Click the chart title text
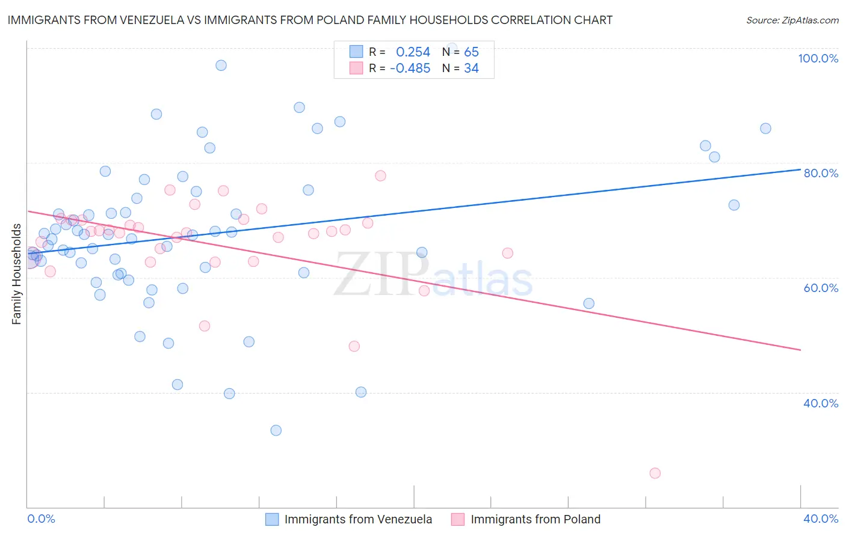pos(310,20)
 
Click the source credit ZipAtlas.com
pos(792,20)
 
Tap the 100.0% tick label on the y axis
pos(818,58)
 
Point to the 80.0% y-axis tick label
pos(821,173)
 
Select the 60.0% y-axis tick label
pos(821,288)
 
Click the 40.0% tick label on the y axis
pos(821,403)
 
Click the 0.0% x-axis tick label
pos(42,519)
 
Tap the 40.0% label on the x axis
pos(821,519)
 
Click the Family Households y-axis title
pos(17,274)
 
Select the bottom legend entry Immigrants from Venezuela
pos(358,519)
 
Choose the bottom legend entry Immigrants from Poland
pos(536,519)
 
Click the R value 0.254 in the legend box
pos(413,52)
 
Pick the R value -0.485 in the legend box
pos(410,69)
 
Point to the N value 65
pos(471,52)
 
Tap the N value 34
pos(471,69)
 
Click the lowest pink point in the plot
pos(655,473)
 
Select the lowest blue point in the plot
pos(276,430)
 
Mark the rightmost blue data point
pos(765,128)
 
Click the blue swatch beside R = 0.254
pos(356,52)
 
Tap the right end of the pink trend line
pos(800,350)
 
